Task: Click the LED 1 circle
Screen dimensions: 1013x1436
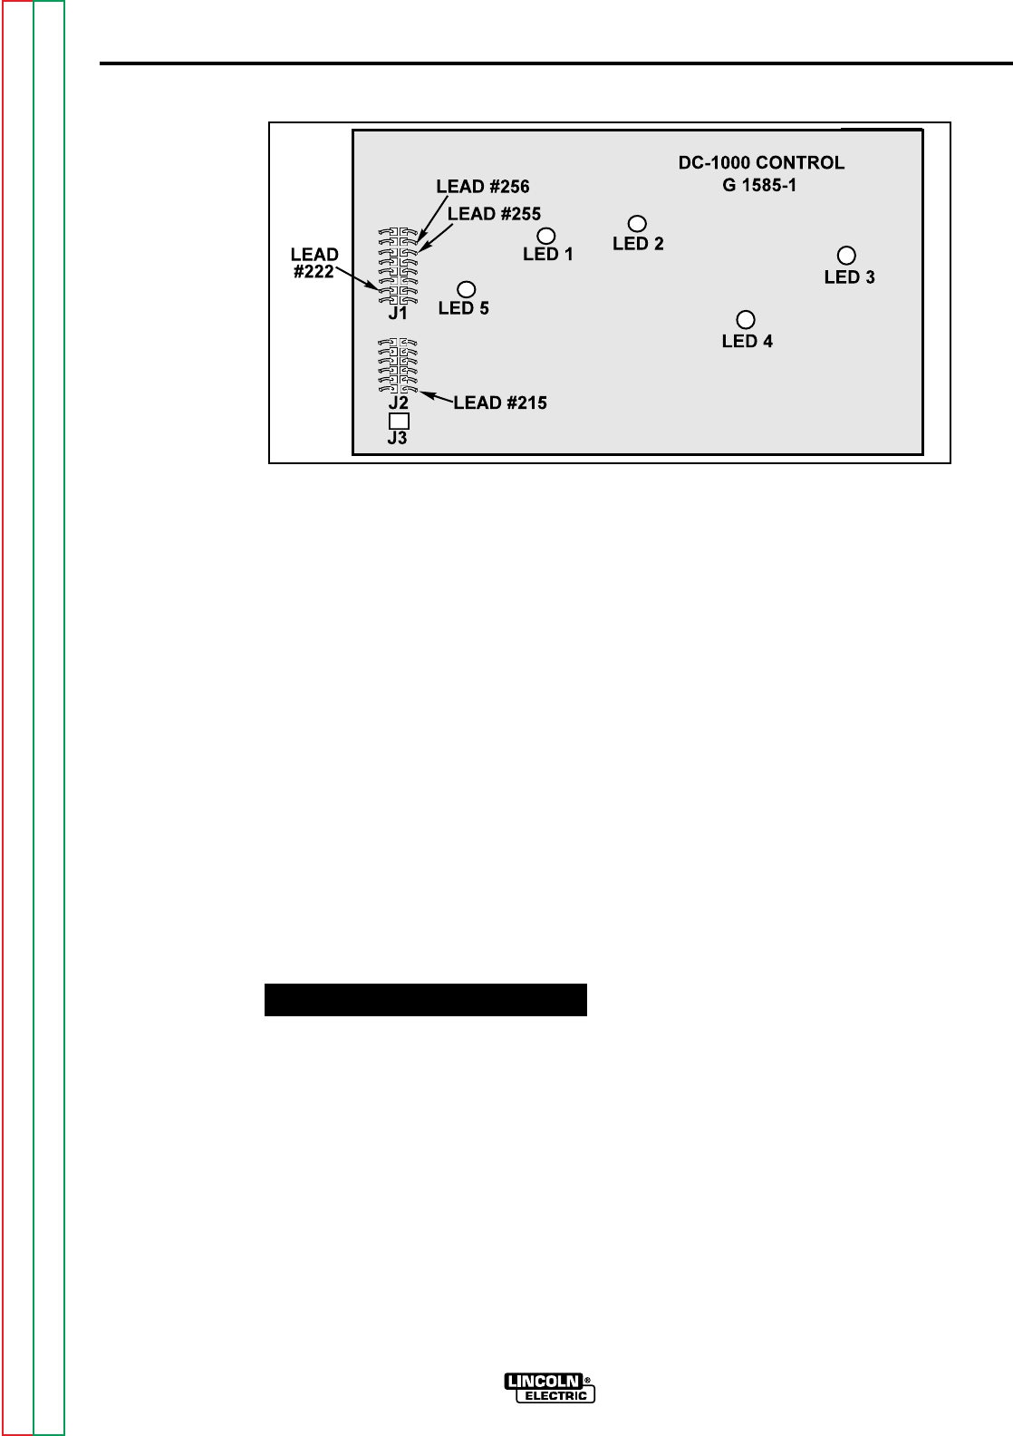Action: click(x=547, y=236)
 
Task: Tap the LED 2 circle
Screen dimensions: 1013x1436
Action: click(x=637, y=223)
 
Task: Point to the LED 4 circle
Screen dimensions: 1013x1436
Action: click(x=746, y=319)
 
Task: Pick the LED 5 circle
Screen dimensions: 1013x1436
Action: click(x=467, y=289)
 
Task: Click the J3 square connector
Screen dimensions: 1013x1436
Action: click(x=398, y=421)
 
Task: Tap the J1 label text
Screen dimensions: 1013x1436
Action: click(x=398, y=314)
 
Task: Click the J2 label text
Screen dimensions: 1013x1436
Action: click(x=398, y=403)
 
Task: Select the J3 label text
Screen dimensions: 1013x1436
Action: click(x=397, y=439)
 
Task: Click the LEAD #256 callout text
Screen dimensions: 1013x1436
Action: click(x=483, y=186)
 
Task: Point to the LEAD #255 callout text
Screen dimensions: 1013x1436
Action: click(x=495, y=214)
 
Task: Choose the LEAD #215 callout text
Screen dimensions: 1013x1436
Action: click(x=500, y=403)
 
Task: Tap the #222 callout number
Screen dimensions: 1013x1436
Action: click(x=314, y=270)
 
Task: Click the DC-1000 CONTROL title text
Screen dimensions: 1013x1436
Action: click(x=762, y=163)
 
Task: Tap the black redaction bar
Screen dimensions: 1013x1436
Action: click(x=426, y=1000)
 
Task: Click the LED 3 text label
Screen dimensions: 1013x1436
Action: click(x=849, y=277)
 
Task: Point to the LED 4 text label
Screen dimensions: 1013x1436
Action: click(x=748, y=342)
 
